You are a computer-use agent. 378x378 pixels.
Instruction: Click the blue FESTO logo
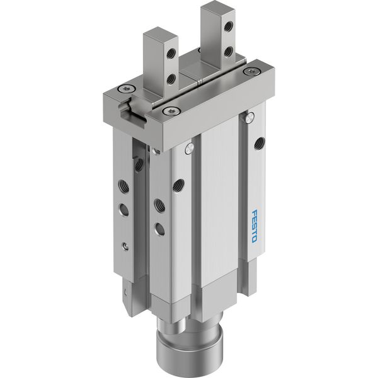point(255,226)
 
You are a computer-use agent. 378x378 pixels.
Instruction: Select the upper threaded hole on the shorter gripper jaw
point(171,52)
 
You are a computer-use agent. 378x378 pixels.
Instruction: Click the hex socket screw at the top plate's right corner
point(251,71)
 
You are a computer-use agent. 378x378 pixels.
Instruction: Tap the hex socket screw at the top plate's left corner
point(125,89)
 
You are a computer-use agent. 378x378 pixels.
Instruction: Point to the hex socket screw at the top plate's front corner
point(171,111)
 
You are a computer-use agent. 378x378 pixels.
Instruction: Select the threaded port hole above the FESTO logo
point(260,142)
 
